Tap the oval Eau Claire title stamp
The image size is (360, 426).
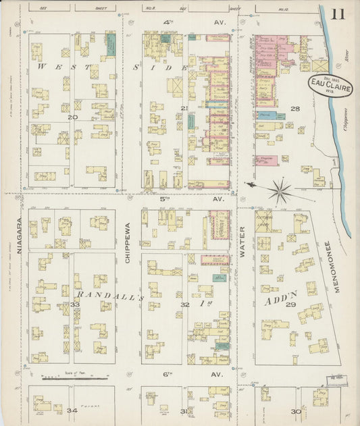(330, 86)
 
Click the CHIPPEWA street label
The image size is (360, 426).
(127, 242)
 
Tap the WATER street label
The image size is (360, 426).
(242, 242)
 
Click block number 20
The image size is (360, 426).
(72, 117)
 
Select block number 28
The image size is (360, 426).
(294, 108)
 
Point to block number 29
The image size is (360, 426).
(292, 305)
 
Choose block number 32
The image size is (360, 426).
(184, 305)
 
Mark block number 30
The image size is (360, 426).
(294, 411)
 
